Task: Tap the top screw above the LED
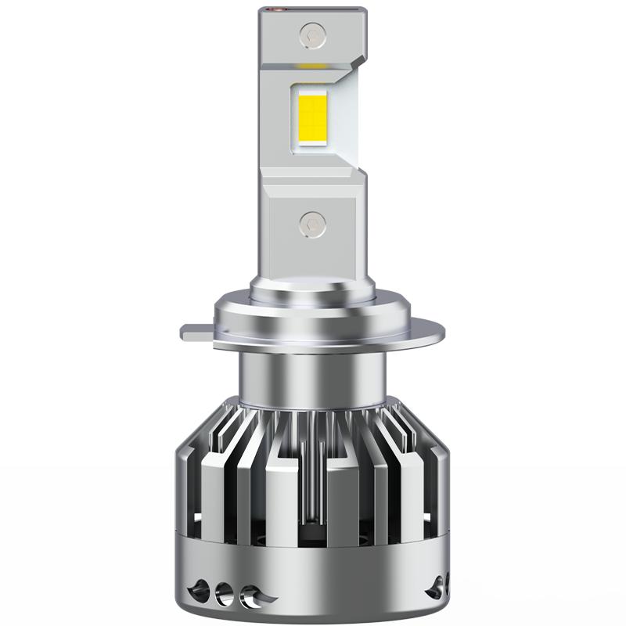[x=311, y=34]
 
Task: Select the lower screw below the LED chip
[x=311, y=221]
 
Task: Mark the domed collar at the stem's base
[x=312, y=293]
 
